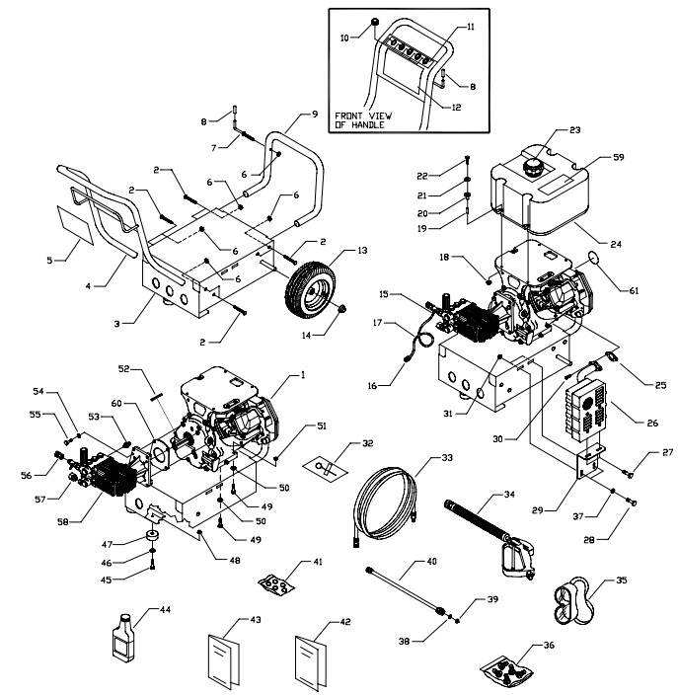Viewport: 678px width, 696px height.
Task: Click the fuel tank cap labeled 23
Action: (x=537, y=164)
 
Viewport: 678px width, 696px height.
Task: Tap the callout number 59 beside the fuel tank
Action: (x=619, y=156)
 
